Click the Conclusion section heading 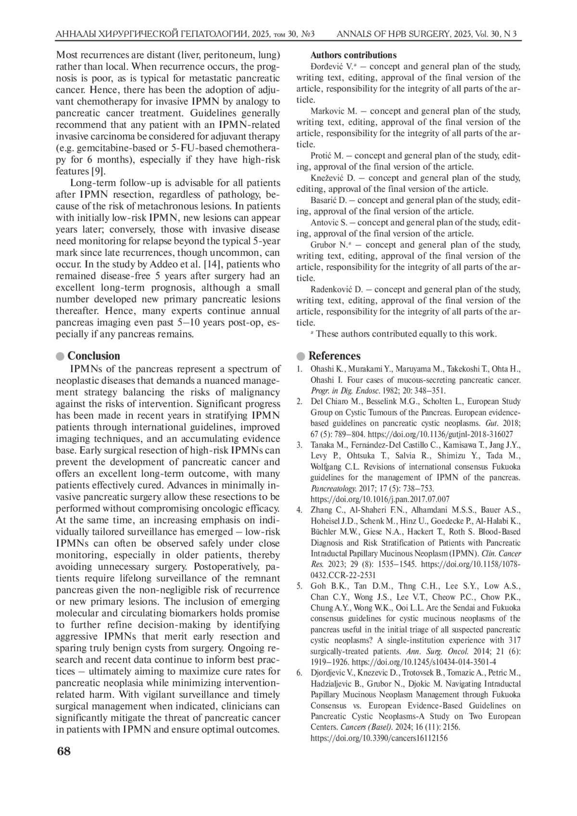click(x=93, y=356)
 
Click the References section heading click(x=334, y=356)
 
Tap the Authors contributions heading click(x=353, y=55)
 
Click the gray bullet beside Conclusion click(x=60, y=356)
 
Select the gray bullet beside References click(x=301, y=356)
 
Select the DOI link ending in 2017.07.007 click(x=380, y=499)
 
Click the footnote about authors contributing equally click(x=403, y=334)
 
